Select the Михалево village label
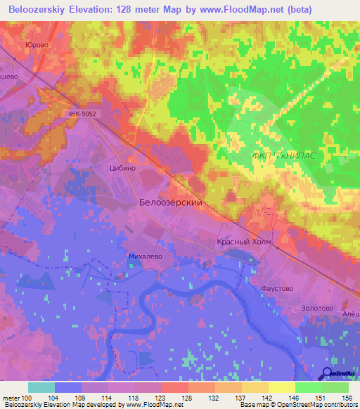(x=146, y=257)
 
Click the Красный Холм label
(x=243, y=242)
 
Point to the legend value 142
(x=268, y=398)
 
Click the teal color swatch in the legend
(x=41, y=387)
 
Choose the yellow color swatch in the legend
(x=281, y=387)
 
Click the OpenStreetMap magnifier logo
(x=328, y=372)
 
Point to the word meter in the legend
(x=11, y=398)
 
